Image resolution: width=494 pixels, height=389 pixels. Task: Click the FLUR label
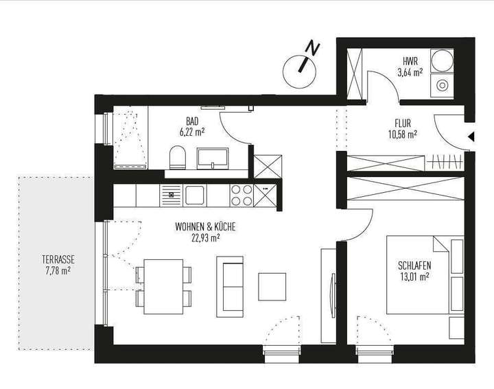tap(402, 124)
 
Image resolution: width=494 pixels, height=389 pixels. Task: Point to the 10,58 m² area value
tap(402, 134)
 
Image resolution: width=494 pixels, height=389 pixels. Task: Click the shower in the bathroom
tap(129, 137)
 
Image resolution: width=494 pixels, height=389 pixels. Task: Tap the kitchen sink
tap(194, 195)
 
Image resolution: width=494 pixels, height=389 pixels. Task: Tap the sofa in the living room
tap(229, 285)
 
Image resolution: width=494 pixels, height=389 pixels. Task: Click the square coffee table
tap(272, 286)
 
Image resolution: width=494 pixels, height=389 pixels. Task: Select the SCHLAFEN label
tap(413, 266)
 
